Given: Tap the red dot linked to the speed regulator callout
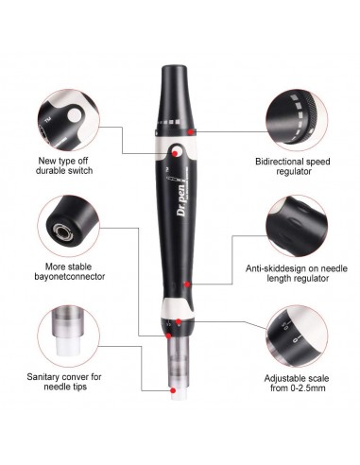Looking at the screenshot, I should [192, 129].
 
